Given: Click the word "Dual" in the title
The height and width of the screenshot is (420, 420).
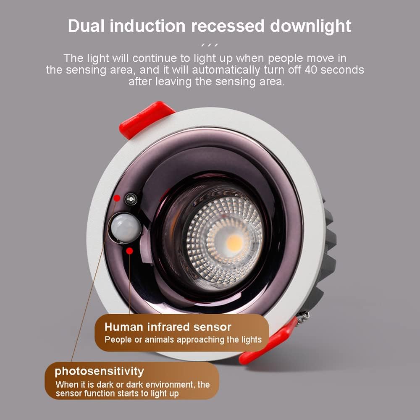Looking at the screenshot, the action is [x=87, y=26].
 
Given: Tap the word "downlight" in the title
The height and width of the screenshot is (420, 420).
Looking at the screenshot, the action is [x=310, y=26].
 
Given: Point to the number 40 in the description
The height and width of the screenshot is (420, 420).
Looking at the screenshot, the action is [x=313, y=70].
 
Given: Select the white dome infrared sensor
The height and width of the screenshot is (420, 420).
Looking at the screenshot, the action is [x=126, y=227].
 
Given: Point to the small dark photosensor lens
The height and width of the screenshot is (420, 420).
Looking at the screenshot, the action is [x=131, y=198].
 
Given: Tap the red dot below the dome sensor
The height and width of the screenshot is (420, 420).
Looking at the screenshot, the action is [x=130, y=251].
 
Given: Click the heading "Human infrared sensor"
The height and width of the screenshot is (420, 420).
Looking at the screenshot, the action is [x=168, y=327].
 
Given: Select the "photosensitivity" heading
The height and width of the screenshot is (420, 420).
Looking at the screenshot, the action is [x=99, y=371].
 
